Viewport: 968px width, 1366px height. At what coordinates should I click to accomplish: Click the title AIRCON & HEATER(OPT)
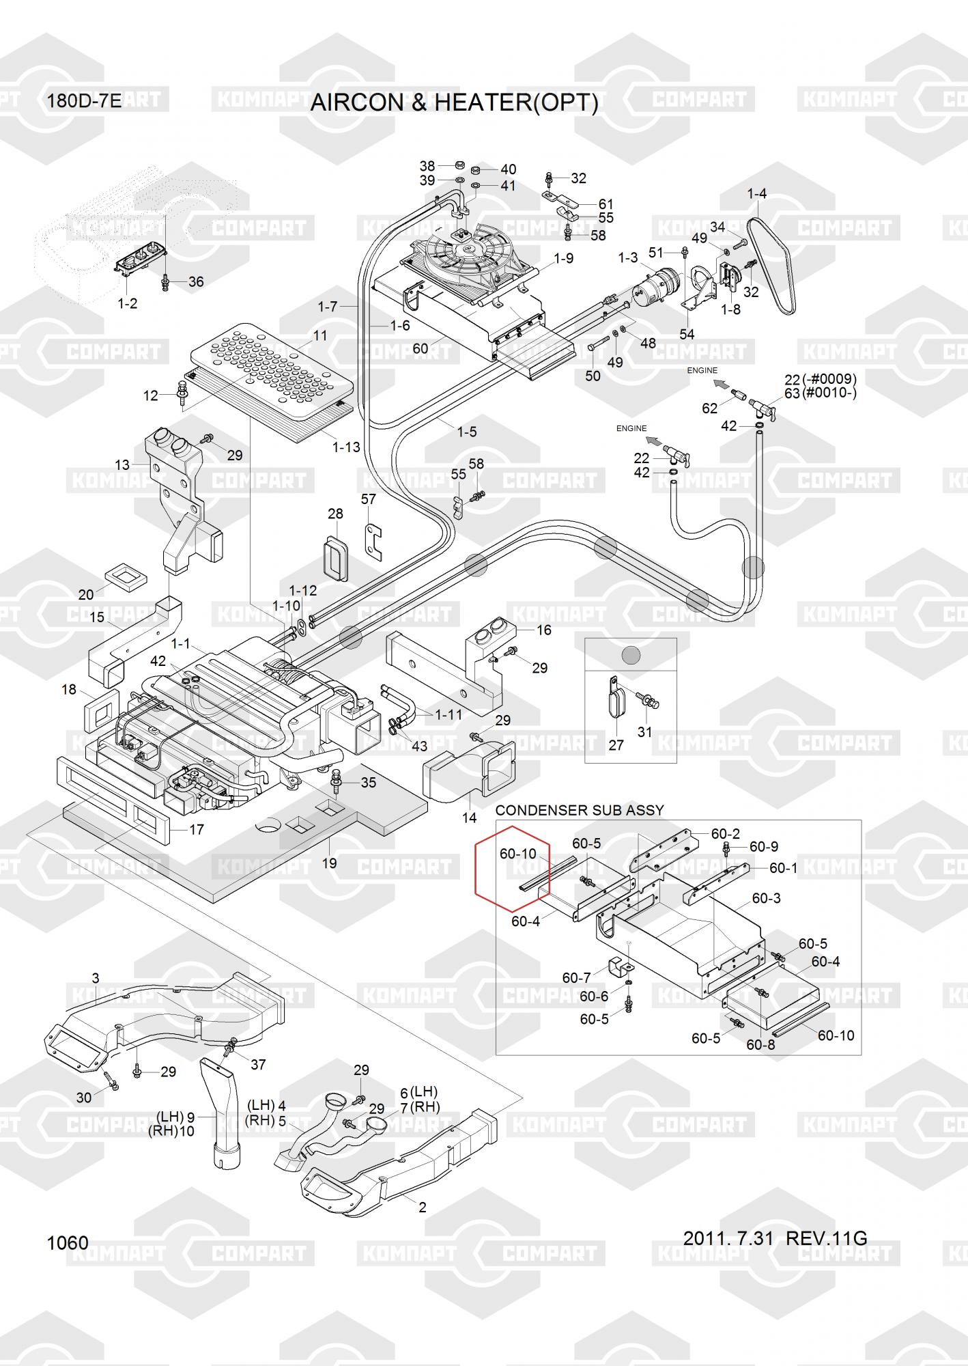[454, 102]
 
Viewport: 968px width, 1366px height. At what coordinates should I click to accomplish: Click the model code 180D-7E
[84, 102]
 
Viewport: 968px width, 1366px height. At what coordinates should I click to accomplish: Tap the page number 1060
[68, 1242]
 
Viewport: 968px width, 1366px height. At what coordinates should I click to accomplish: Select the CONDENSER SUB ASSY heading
[580, 810]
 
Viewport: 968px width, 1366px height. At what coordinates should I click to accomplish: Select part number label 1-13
[346, 447]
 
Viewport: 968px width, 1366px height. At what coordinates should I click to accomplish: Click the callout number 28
[335, 514]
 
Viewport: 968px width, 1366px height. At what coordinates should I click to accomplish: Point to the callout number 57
[369, 499]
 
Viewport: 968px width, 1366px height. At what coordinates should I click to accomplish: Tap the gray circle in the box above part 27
[631, 656]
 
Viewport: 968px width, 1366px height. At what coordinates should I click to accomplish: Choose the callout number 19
[329, 863]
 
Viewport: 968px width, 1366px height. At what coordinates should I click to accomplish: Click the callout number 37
[258, 1064]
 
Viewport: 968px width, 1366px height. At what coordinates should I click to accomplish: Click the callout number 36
[196, 281]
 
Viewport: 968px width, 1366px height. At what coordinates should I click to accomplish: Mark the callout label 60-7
[576, 978]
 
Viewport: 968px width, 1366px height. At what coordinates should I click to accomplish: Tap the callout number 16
[544, 630]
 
